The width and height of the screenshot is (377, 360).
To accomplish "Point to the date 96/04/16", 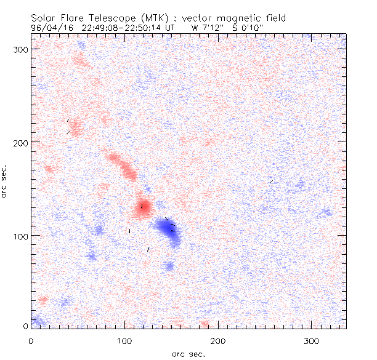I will click(51, 28).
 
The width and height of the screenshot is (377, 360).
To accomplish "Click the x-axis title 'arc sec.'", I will click(188, 353).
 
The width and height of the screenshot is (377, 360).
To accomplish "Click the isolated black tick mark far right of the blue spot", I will click(271, 182).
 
